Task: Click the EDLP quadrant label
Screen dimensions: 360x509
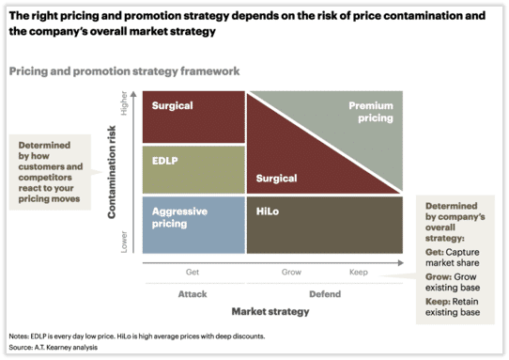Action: tap(164, 162)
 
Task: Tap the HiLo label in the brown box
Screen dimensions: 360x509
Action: tap(267, 212)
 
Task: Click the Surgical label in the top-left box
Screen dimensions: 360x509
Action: tap(172, 106)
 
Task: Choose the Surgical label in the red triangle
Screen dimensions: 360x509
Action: tap(276, 178)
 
